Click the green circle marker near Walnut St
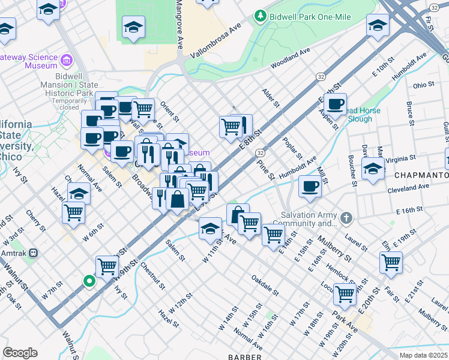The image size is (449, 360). point(89,280)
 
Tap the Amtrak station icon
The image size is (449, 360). point(35,253)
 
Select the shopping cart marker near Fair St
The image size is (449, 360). point(391,261)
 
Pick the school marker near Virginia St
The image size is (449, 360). point(373,167)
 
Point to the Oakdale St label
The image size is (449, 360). point(265,286)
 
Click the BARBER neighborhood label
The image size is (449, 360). point(244,356)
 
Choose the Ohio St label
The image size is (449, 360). point(424,85)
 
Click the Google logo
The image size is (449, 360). point(20,352)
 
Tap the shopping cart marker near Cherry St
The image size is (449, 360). point(73,211)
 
